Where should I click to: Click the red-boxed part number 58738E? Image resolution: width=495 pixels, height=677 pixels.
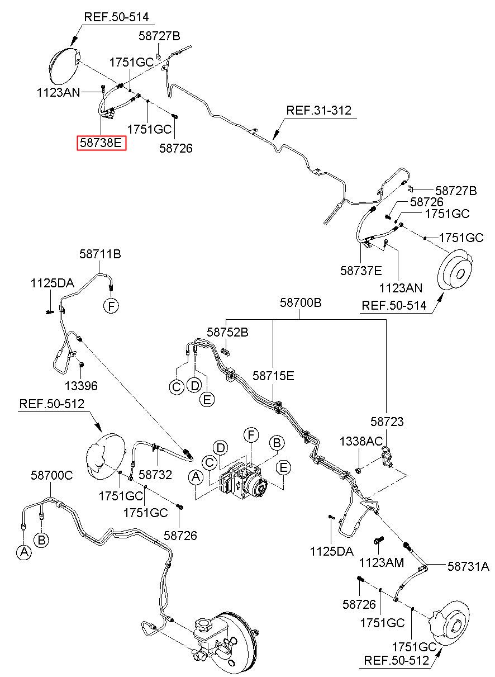[101, 143]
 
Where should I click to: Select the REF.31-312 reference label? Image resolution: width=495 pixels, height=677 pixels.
[318, 110]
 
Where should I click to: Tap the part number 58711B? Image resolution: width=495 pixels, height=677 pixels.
[100, 254]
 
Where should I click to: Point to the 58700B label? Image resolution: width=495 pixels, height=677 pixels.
[301, 302]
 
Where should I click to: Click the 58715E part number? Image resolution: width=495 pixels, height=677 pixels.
[273, 376]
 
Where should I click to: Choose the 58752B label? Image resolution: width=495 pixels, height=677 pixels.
[227, 332]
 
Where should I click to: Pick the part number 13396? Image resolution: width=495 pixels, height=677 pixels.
[81, 386]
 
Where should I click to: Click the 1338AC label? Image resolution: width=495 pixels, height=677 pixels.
[361, 442]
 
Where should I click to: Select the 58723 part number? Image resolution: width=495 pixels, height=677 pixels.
[387, 422]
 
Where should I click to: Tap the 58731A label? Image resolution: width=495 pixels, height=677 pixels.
[468, 566]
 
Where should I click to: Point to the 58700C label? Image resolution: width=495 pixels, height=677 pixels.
[51, 475]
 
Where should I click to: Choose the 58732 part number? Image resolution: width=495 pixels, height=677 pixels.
[155, 475]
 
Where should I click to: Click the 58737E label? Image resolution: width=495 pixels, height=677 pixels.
[361, 271]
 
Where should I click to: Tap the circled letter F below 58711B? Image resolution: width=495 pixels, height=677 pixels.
[111, 306]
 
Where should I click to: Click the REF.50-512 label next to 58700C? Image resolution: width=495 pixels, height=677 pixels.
[51, 404]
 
